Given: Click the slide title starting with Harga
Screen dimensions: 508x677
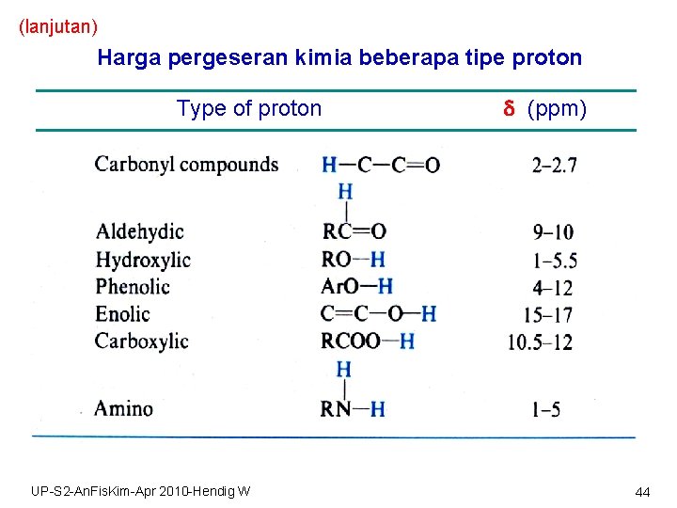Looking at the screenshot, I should [x=339, y=58].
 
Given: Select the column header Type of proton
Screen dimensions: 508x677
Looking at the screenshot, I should [x=249, y=109].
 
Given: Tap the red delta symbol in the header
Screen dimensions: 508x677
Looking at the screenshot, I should [x=509, y=109].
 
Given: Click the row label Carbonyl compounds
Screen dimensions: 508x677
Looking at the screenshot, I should [x=186, y=165].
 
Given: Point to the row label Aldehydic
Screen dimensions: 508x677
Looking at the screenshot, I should [x=139, y=231].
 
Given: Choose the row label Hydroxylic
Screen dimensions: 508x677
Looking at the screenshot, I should [x=143, y=260].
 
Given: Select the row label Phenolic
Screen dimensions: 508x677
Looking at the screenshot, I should [x=133, y=287].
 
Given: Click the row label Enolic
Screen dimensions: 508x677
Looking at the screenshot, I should [x=122, y=314].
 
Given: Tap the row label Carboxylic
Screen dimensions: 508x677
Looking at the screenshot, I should [x=141, y=341].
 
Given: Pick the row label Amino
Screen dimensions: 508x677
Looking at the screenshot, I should [x=123, y=408].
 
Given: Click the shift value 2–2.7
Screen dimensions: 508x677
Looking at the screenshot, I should [x=555, y=166].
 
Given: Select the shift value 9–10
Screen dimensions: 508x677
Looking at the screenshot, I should [x=552, y=232].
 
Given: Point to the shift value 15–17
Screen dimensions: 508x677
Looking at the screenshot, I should [x=549, y=315].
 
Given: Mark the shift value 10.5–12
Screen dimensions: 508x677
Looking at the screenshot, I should [x=540, y=342].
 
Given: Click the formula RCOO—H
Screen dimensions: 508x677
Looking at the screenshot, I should [x=368, y=341].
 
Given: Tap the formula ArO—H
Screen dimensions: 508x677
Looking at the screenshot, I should [x=356, y=287].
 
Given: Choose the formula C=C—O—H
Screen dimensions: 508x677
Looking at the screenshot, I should [x=378, y=314].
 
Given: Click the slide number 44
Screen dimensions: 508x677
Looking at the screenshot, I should [x=643, y=492].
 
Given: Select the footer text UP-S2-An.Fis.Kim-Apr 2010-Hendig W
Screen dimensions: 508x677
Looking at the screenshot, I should [x=140, y=491].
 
